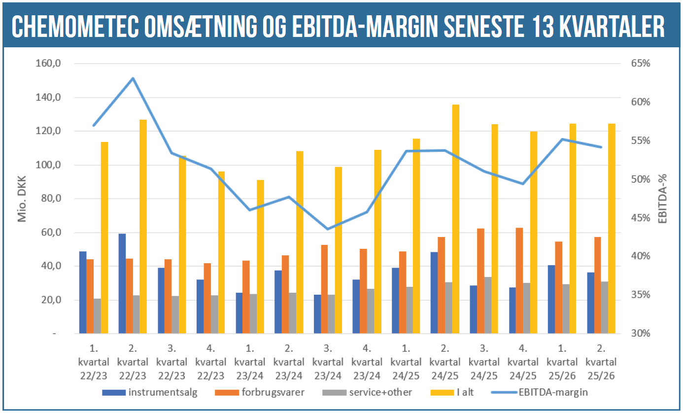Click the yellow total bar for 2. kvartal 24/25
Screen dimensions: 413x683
(x=456, y=219)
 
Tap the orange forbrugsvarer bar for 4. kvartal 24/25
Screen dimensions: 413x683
(x=519, y=281)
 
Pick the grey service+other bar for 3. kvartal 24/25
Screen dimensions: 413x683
(x=488, y=306)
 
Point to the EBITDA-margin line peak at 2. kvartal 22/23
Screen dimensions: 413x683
(x=133, y=78)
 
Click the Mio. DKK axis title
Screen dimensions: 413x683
(x=22, y=199)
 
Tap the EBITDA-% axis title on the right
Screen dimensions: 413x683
(x=663, y=199)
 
